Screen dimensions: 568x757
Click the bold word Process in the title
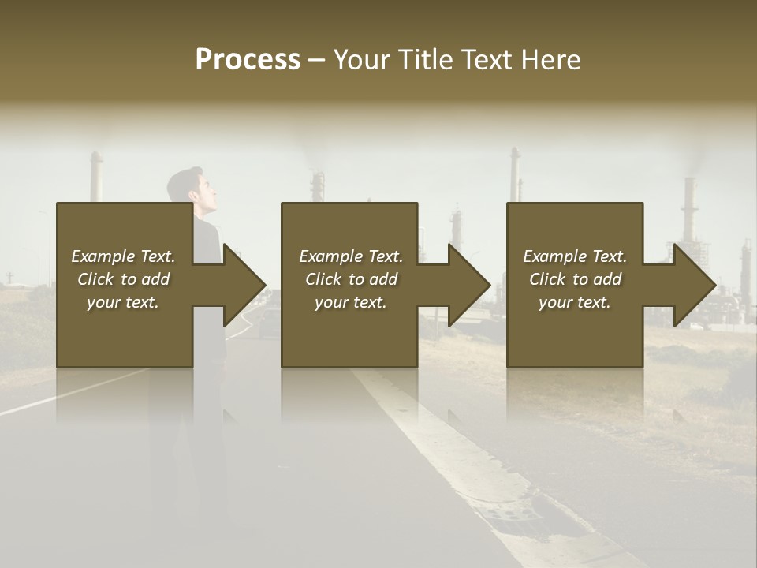248,60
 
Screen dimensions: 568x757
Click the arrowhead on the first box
244,285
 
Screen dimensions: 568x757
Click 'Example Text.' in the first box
123,256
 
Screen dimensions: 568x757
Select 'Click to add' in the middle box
351,279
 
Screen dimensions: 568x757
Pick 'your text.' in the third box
575,302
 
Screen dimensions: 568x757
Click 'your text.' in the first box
123,302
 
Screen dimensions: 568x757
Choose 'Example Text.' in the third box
575,256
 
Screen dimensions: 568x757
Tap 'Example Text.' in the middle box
351,256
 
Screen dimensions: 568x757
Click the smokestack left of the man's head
96,177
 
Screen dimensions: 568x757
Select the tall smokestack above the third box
514,175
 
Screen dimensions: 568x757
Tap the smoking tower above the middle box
317,186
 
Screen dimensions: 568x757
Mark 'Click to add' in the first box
123,279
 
